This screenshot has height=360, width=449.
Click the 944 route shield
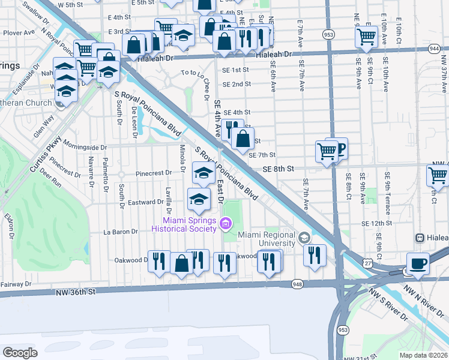tap(434, 47)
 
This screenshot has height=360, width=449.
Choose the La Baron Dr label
tap(121, 231)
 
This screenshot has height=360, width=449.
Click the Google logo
tap(20, 352)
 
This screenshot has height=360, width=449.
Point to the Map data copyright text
tap(423, 355)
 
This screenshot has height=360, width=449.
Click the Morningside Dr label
tap(84, 147)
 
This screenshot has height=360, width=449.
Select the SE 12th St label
tap(376, 223)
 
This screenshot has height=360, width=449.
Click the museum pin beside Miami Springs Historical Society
tap(226, 224)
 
